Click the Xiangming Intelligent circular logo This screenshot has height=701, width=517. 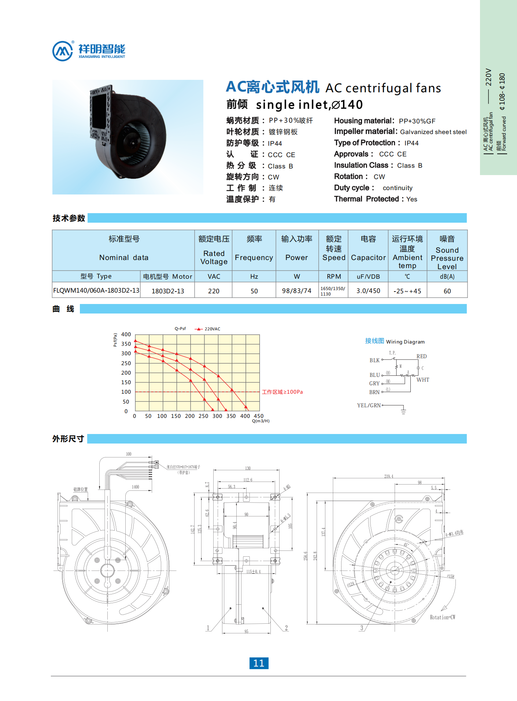tap(63, 51)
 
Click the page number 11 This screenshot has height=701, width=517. tap(259, 663)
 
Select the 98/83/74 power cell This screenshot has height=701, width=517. tap(296, 291)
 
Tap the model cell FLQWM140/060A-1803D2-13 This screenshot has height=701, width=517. tap(96, 290)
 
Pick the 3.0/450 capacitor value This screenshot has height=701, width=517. tap(368, 291)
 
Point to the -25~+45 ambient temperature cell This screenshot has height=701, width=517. tap(407, 291)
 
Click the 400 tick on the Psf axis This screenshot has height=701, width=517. tap(126, 334)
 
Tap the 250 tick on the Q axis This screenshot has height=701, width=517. tap(203, 416)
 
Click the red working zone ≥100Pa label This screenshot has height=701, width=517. tap(282, 392)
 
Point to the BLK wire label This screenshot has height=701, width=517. tap(374, 360)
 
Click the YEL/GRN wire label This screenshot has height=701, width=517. tap(369, 405)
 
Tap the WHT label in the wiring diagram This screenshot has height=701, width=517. tap(423, 380)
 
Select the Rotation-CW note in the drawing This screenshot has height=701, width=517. tap(442, 617)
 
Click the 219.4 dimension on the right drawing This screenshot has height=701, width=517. tap(389, 476)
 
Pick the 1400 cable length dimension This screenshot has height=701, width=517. tap(135, 487)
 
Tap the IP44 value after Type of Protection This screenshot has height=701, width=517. tap(411, 143)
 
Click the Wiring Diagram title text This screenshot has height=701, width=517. tap(405, 342)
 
